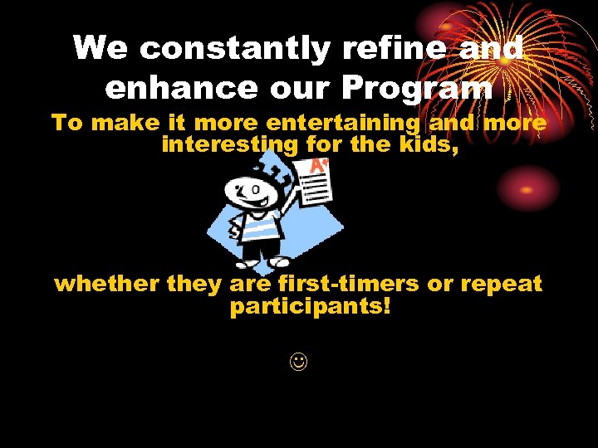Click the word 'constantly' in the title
[x=236, y=48]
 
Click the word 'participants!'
[x=310, y=307]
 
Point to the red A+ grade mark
[x=317, y=166]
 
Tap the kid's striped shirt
[x=258, y=225]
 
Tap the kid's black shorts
[x=260, y=248]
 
